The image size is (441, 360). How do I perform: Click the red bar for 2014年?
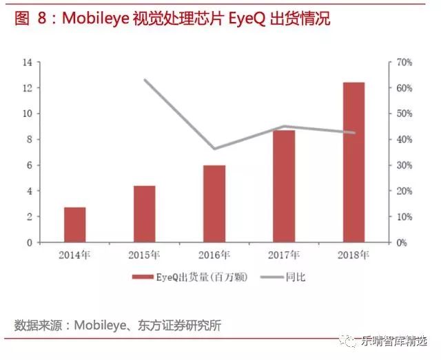[x=74, y=224]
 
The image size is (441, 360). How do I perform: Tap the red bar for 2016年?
[x=214, y=204]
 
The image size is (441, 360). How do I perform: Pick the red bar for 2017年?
[x=284, y=186]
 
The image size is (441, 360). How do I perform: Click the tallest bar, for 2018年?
[x=353, y=162]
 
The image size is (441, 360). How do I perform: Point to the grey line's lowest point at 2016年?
[x=214, y=149]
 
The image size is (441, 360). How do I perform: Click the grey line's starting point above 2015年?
[x=145, y=80]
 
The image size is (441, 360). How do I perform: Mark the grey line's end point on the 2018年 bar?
[x=355, y=133]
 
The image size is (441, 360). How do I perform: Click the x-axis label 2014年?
[x=74, y=255]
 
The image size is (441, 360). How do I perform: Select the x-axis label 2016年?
[x=214, y=255]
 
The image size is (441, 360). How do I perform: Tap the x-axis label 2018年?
[x=353, y=255]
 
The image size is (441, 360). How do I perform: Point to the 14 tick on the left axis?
[x=28, y=63]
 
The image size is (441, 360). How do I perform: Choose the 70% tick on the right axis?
[x=403, y=63]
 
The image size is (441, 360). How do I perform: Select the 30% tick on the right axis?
[x=403, y=165]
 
